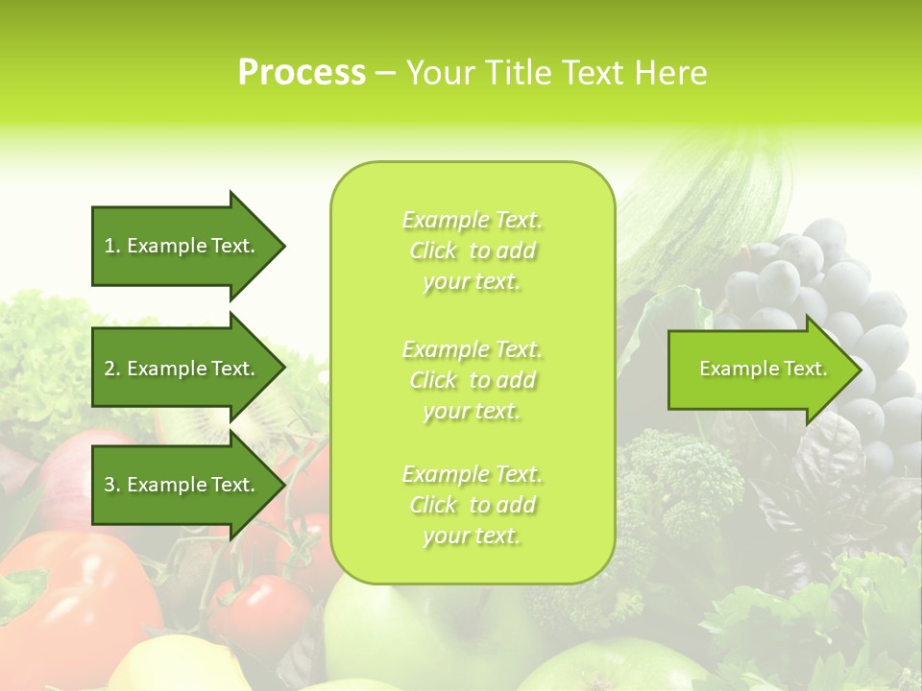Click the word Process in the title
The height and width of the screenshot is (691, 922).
pos(302,73)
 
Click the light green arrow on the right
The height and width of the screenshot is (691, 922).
pos(759,369)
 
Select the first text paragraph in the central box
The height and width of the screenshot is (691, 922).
pos(472,250)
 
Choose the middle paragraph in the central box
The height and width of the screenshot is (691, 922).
pos(472,380)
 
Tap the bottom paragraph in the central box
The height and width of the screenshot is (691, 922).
pos(472,505)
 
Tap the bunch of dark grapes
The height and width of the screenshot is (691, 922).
pos(826,288)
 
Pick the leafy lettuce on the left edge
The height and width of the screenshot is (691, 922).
pos(38,355)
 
